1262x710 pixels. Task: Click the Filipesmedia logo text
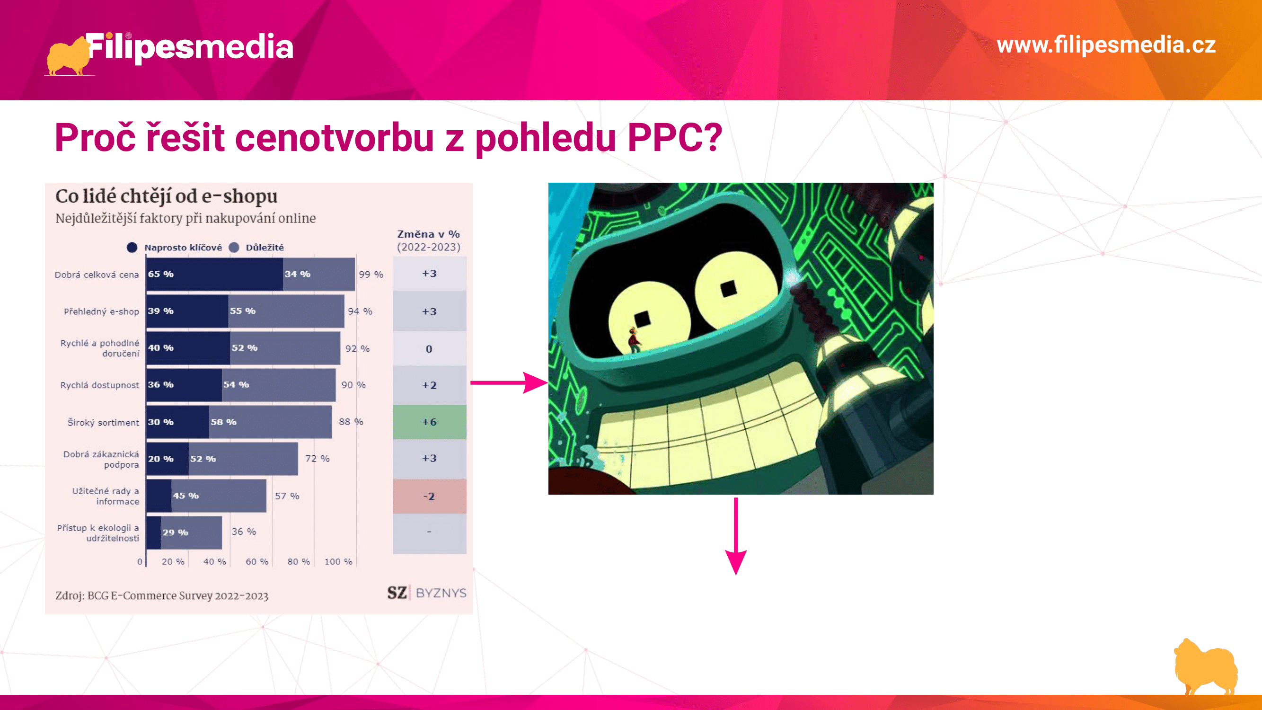(190, 47)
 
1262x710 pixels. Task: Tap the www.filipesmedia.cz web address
(1106, 45)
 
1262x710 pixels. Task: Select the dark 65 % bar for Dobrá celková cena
(214, 274)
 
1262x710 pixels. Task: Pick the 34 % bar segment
(319, 274)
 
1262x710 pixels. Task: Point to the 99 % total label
(371, 275)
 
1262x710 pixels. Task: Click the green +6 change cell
(430, 422)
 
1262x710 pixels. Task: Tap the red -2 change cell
(430, 496)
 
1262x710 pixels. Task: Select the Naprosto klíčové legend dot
(132, 248)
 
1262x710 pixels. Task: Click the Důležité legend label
(265, 248)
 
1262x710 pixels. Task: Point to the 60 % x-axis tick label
(257, 561)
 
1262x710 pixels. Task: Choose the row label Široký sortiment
(103, 422)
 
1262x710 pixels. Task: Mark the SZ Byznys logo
(427, 593)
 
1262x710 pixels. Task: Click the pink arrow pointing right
(509, 382)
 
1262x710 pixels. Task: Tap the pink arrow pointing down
(736, 537)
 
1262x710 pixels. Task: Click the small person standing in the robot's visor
(634, 340)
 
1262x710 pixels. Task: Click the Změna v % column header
(429, 240)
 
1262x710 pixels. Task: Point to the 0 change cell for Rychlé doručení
(430, 349)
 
